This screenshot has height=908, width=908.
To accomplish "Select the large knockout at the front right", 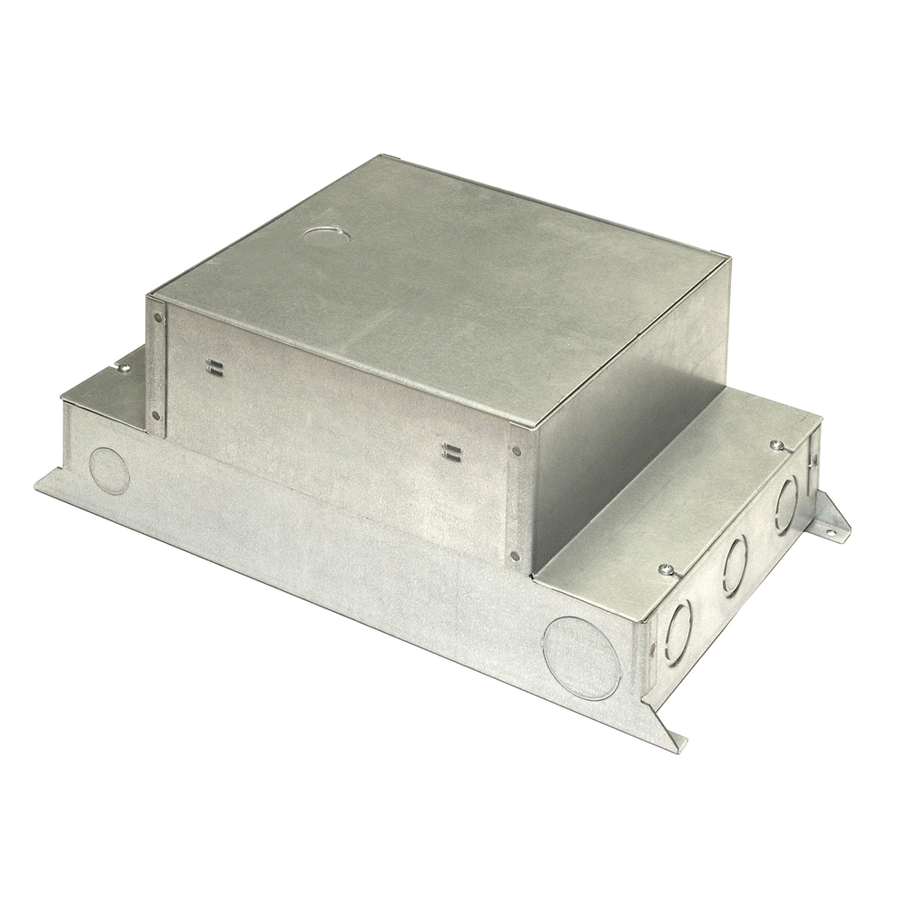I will (x=581, y=657).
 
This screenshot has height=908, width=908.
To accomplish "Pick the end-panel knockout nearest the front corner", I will (x=677, y=629).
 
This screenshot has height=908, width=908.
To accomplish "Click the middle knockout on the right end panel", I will (x=735, y=565).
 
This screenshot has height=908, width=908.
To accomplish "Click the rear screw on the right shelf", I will (x=776, y=445).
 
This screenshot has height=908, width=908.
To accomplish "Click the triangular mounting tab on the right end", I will (x=832, y=518).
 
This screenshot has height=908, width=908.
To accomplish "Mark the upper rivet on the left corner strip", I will (x=159, y=318).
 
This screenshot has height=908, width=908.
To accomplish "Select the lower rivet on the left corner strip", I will (x=156, y=416).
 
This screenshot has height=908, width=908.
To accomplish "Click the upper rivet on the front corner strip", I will (x=517, y=449).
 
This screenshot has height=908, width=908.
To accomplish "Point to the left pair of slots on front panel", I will (x=215, y=367).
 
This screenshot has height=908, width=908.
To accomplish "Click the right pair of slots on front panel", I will (x=449, y=450).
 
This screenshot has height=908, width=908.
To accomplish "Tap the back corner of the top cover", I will (x=387, y=157).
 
